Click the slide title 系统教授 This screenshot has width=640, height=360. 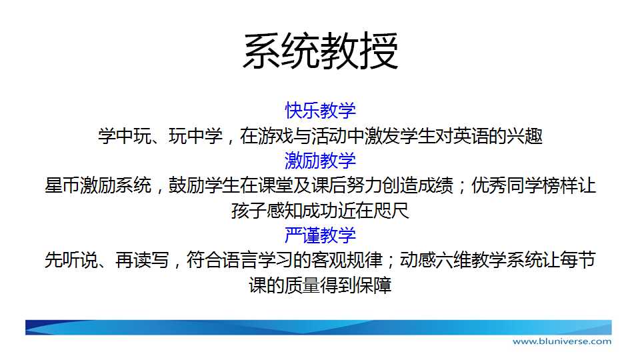(321, 51)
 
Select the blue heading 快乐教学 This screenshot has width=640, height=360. (321, 111)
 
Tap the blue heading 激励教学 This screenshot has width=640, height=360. (321, 161)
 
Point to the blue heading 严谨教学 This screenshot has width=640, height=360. (321, 235)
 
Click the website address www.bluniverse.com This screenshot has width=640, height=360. (562, 341)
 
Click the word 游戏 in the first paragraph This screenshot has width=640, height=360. (275, 136)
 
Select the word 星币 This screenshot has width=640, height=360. (63, 186)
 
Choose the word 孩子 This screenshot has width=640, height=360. (249, 211)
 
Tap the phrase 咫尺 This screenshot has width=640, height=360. (391, 211)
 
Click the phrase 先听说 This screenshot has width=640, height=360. (71, 260)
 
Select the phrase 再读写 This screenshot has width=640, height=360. (143, 260)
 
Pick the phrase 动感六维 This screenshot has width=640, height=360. (435, 260)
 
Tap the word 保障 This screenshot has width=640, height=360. (373, 285)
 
